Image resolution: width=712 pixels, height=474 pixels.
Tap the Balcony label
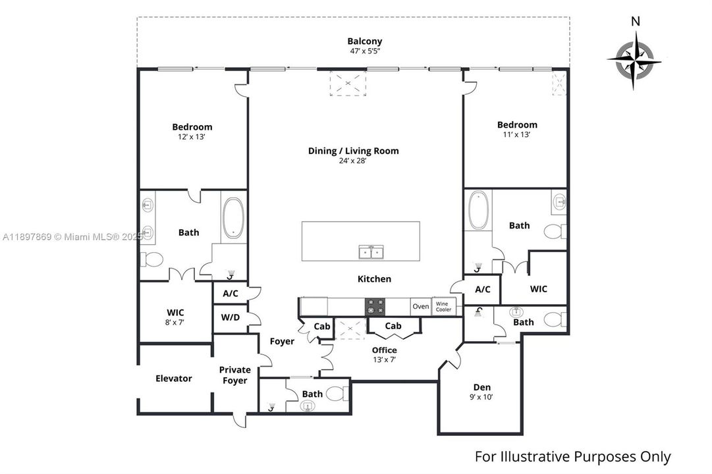[365, 41]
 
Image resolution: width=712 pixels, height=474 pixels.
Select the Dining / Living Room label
[353, 151]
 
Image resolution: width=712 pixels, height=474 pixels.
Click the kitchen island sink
[371, 251]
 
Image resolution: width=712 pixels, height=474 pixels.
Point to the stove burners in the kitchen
[376, 306]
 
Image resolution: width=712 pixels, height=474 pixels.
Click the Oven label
[420, 306]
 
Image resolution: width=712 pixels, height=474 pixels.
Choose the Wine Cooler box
[443, 306]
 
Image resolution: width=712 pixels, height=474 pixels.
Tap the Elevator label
[174, 379]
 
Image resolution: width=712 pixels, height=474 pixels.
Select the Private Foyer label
[235, 375]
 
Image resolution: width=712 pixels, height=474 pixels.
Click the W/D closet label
[230, 317]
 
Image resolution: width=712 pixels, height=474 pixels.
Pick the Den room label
[482, 387]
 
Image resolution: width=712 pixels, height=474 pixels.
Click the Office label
[384, 350]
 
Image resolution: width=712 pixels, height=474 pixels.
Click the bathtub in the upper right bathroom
[478, 210]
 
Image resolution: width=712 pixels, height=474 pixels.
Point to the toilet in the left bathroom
[152, 260]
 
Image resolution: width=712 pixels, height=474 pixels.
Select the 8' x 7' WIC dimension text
[175, 322]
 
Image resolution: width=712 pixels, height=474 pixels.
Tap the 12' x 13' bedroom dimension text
[192, 137]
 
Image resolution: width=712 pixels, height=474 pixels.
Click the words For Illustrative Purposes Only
[572, 456]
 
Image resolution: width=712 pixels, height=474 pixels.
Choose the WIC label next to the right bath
[539, 289]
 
